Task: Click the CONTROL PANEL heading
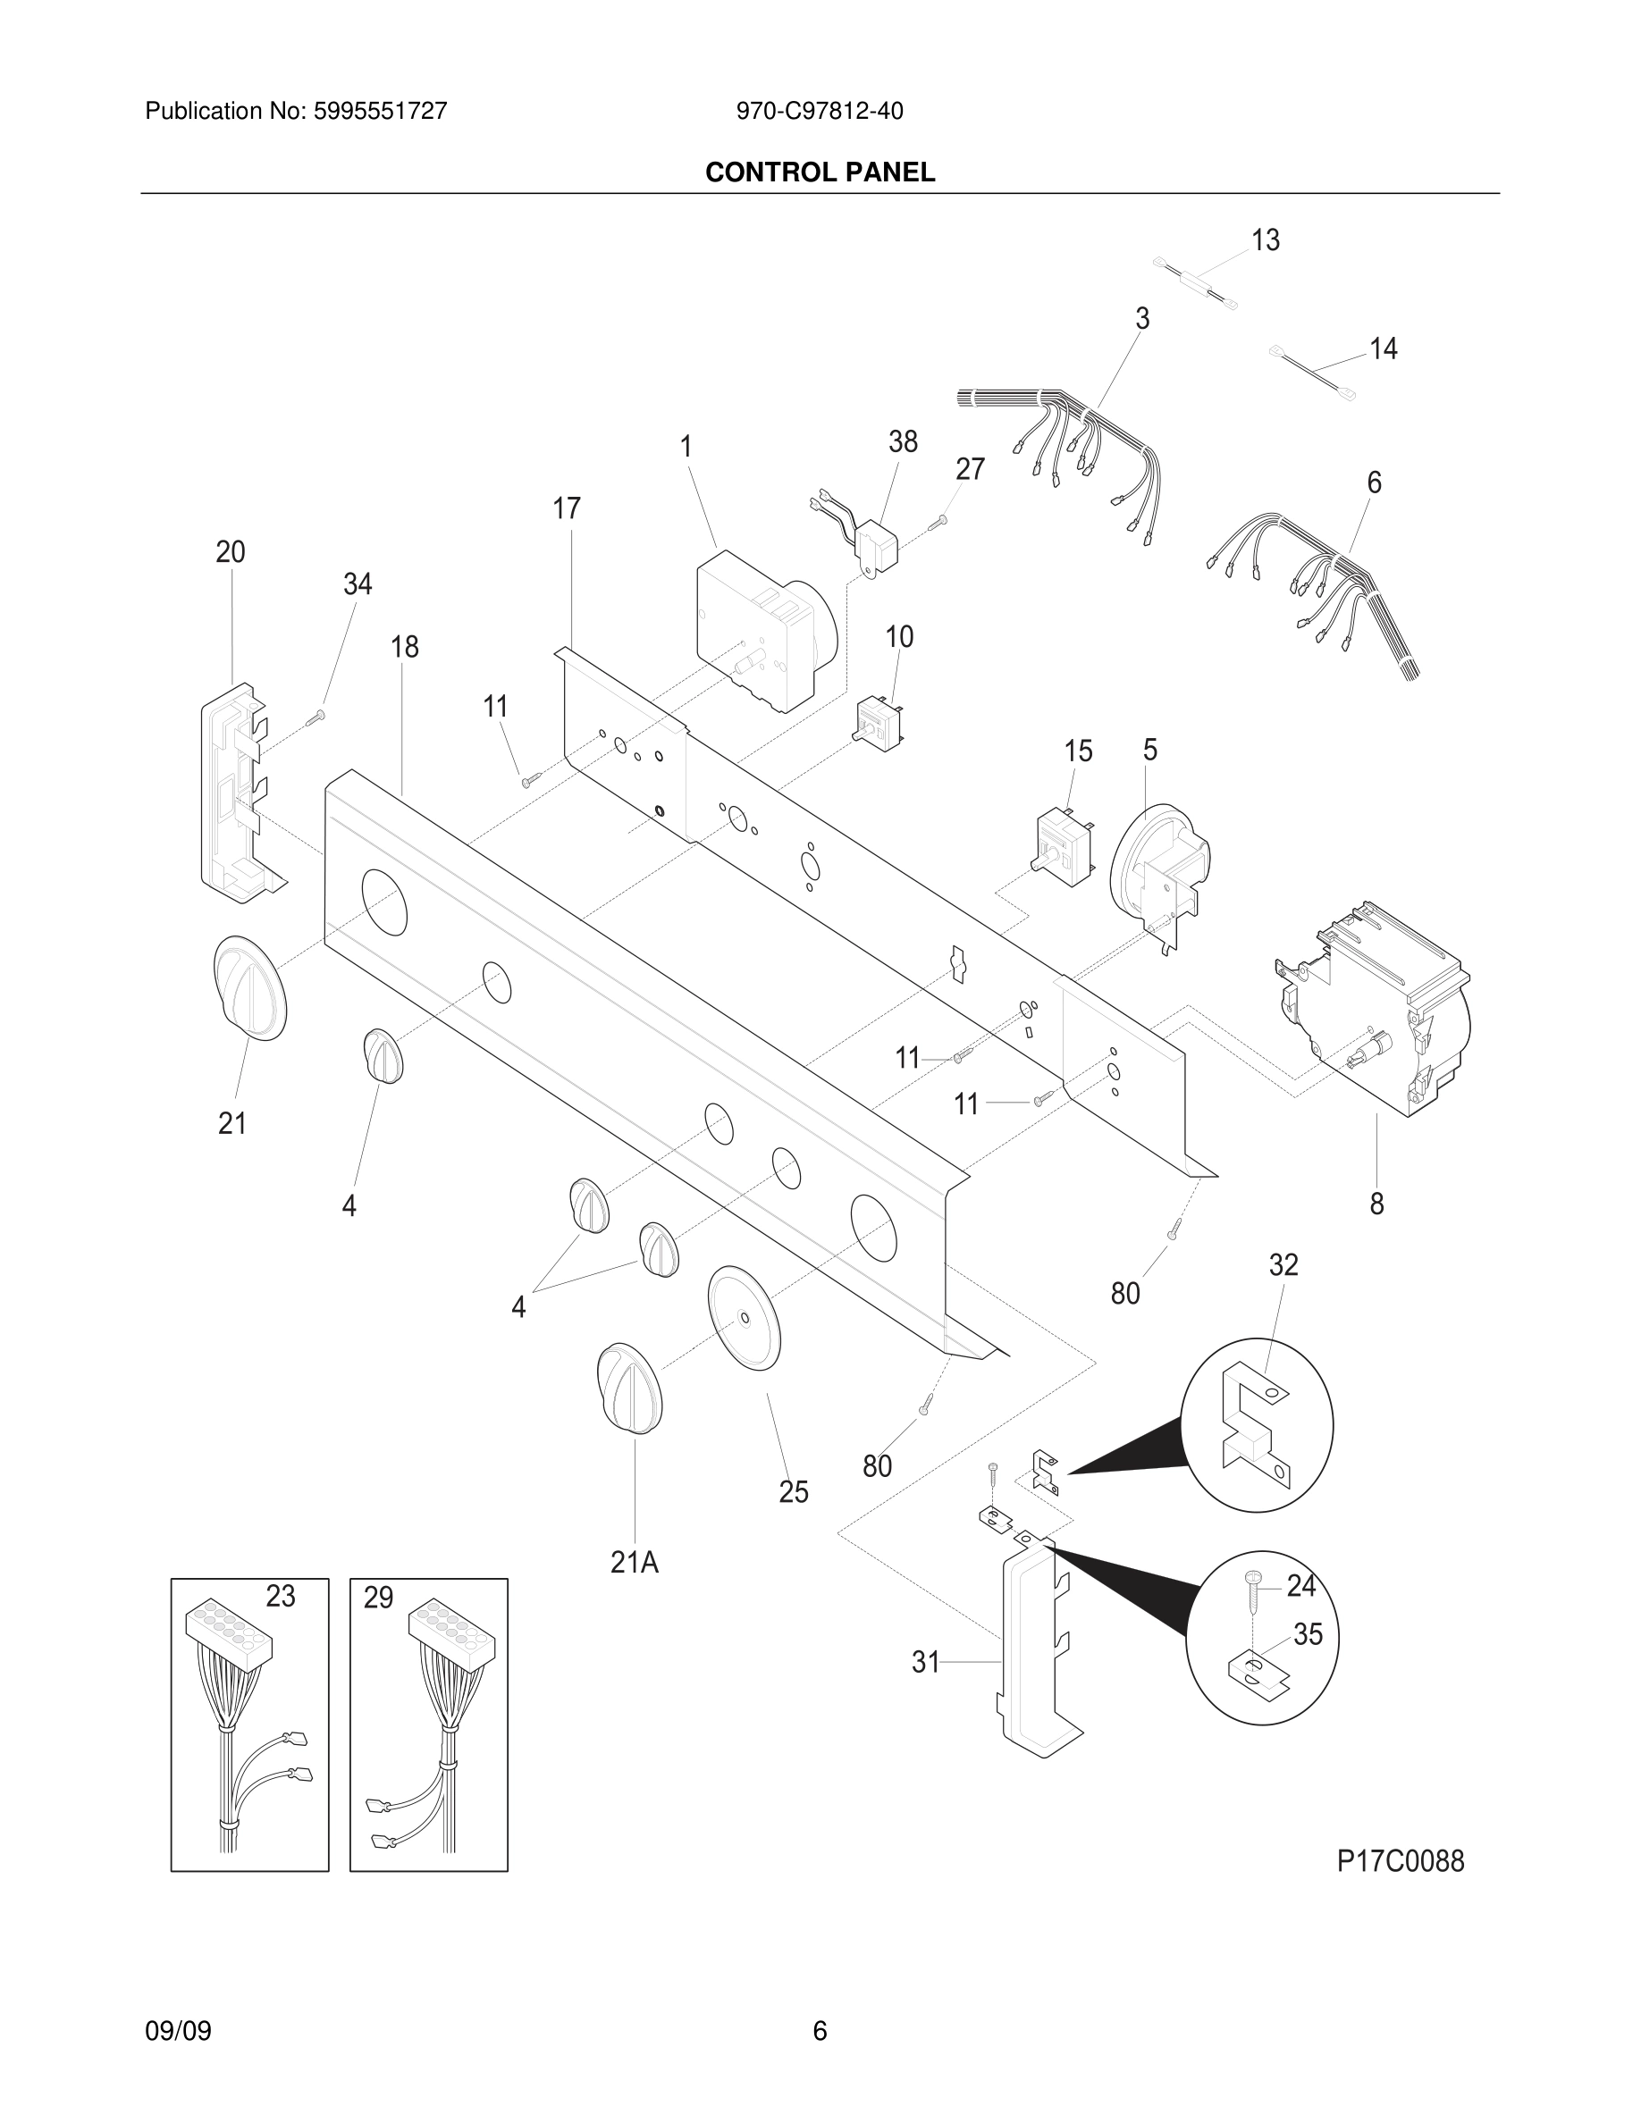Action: tap(820, 172)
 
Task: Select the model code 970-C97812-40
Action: tap(819, 111)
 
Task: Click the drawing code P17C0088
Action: tap(1400, 1860)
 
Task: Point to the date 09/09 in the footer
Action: tap(178, 2030)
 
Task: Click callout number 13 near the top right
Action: tap(1265, 240)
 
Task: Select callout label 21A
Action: tap(634, 1562)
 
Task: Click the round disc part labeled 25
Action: tap(745, 1318)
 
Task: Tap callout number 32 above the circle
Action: tap(1283, 1264)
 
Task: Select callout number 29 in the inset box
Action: tap(378, 1597)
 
